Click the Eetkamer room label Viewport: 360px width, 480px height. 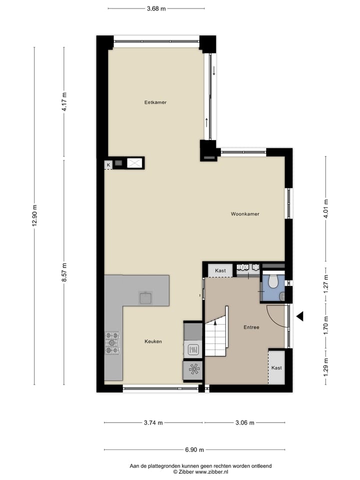tap(155, 102)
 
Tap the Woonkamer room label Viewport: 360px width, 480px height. tap(245, 214)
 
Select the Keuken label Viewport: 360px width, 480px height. tap(153, 341)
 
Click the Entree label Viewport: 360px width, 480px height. tap(251, 327)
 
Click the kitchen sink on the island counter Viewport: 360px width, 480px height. tap(146, 297)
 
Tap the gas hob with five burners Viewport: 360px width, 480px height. tap(112, 343)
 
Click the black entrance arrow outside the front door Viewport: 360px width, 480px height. tap(300, 316)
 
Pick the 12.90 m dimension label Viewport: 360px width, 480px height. tap(34, 216)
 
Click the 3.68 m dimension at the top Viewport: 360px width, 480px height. tap(156, 8)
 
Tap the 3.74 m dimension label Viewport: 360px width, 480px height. tap(153, 422)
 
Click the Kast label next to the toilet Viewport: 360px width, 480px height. tap(220, 270)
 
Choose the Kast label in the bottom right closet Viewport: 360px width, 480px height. tap(276, 367)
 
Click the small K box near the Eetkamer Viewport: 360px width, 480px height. tap(107, 164)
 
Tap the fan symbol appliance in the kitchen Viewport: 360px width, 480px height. tap(193, 370)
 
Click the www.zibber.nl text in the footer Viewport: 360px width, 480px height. tap(211, 471)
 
